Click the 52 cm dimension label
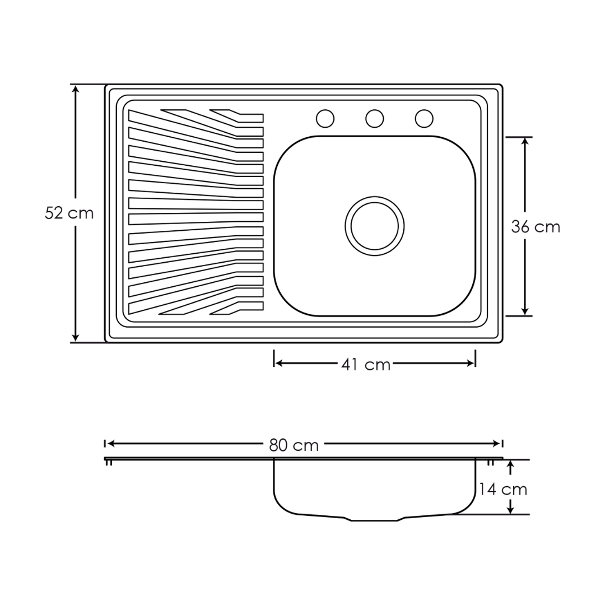click(x=69, y=213)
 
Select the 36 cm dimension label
click(x=536, y=226)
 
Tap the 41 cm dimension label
click(x=366, y=364)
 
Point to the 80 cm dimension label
click(x=294, y=445)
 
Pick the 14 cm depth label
click(x=503, y=489)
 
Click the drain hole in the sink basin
click(x=374, y=226)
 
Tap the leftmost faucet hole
click(x=325, y=118)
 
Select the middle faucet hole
click(x=374, y=118)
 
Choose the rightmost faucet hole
click(x=424, y=118)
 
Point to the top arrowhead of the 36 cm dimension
click(x=524, y=142)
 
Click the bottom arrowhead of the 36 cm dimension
click(x=524, y=311)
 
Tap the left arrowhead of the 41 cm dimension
click(x=279, y=363)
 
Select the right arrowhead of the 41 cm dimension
click(x=470, y=363)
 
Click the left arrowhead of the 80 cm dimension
click(x=111, y=444)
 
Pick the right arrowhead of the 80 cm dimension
click(x=496, y=444)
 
